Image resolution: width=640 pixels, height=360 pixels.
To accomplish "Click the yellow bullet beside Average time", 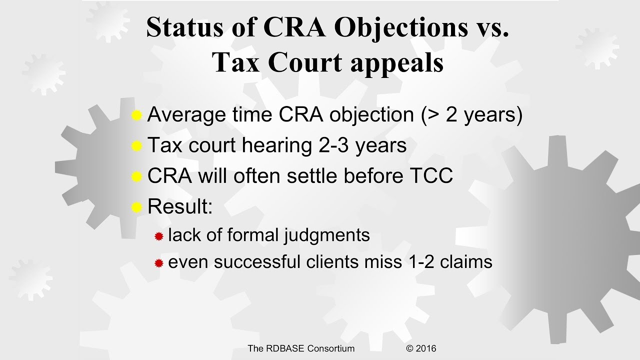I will (136, 116).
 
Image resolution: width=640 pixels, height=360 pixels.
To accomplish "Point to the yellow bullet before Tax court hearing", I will (136, 146).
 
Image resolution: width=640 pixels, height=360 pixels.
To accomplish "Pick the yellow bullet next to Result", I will (136, 207).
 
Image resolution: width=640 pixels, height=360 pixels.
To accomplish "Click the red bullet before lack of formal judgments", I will (159, 236).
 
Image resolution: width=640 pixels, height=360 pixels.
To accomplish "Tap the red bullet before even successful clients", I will (159, 262).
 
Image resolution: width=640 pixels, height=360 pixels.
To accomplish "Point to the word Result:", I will (180, 206).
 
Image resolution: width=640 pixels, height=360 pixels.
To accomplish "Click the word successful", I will (253, 261).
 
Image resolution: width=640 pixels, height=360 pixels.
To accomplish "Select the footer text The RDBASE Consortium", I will (301, 348).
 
